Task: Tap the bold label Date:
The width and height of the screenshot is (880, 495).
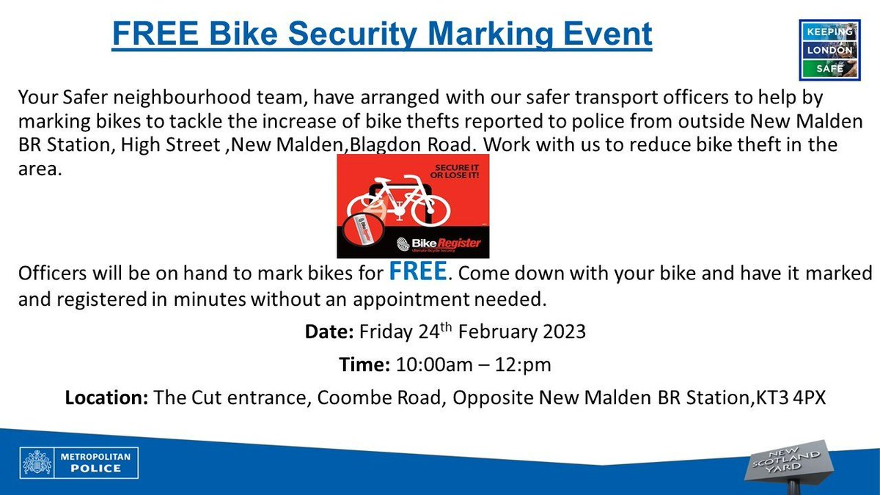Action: [329, 331]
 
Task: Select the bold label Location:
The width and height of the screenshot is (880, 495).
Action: [108, 398]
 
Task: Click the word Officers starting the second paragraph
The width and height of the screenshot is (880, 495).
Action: [51, 274]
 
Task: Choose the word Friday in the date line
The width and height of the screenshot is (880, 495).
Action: [385, 331]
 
